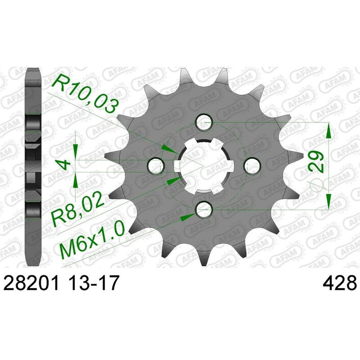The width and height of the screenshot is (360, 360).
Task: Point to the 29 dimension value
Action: click(315, 161)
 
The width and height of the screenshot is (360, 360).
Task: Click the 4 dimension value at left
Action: click(64, 165)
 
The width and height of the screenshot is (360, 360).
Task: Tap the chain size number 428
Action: click(339, 284)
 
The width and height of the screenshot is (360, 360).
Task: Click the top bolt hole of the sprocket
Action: click(204, 121)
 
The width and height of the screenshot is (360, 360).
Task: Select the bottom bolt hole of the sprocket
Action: click(204, 208)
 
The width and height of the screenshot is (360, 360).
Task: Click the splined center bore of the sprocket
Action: click(204, 165)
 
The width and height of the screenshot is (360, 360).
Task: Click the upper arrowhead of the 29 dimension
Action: click(329, 130)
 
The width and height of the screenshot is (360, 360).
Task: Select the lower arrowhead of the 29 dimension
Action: click(329, 200)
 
